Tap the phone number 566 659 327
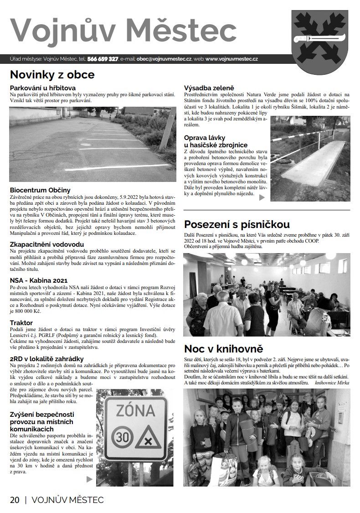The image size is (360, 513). (103, 59)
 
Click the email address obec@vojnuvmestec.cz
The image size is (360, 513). (164, 59)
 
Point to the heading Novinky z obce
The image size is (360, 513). (52, 74)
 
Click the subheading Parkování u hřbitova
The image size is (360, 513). (43, 88)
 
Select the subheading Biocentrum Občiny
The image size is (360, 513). (40, 190)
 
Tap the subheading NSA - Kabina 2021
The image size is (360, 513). (39, 280)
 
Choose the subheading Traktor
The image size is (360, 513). (21, 323)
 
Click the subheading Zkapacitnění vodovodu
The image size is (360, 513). (47, 244)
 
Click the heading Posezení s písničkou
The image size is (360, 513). (237, 224)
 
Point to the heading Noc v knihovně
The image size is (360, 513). (224, 349)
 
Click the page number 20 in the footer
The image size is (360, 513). (15, 500)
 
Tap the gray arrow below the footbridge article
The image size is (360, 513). (262, 197)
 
